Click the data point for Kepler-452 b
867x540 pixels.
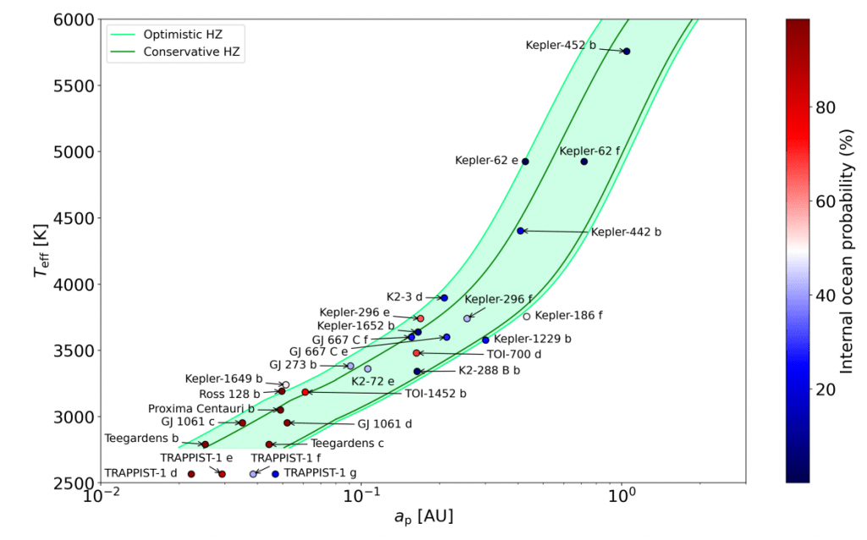[627, 52]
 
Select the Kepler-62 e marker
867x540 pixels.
[525, 162]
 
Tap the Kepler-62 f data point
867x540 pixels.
[584, 162]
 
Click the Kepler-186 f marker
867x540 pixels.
[527, 317]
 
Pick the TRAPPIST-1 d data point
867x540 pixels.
[191, 474]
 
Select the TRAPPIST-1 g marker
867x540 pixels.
[275, 474]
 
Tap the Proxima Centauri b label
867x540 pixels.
[202, 409]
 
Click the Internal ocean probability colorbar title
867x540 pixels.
[848, 251]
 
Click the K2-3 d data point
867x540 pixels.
[444, 298]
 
